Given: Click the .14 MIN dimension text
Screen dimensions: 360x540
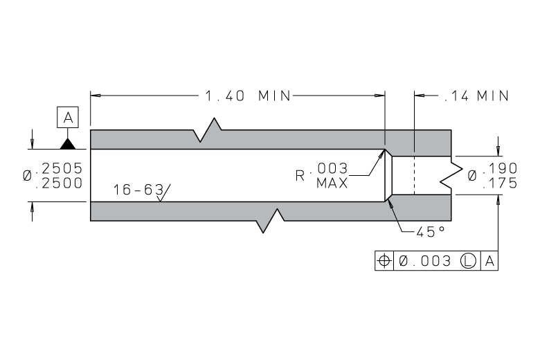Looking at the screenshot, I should tap(476, 96).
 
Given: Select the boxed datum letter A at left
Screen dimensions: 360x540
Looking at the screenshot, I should tap(68, 118).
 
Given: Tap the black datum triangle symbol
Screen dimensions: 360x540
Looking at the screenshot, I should tap(68, 143).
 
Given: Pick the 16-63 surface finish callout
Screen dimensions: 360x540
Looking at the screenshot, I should tap(137, 189).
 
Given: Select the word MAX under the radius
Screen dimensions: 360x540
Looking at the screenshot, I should tap(332, 183).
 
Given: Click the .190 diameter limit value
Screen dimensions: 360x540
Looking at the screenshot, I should tap(500, 168).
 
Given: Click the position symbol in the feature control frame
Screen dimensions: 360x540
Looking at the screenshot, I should tap(384, 261).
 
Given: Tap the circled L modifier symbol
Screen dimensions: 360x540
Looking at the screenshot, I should tap(469, 261).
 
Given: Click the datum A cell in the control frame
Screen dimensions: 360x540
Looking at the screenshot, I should tap(489, 261).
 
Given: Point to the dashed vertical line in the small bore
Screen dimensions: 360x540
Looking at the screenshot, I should tap(413, 176).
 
